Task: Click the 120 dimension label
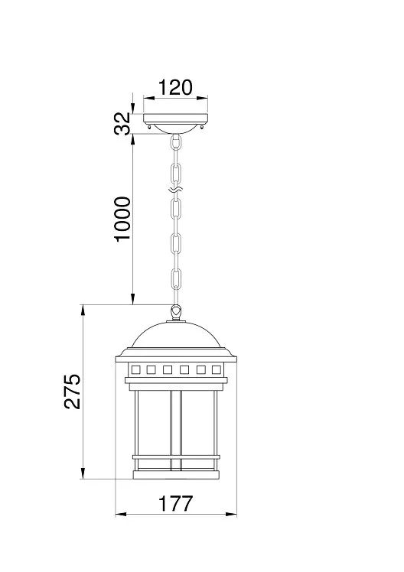coord(175,87)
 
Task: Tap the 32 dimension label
coord(122,123)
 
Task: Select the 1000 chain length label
coord(122,219)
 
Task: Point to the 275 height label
coord(72,391)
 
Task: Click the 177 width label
coord(175,504)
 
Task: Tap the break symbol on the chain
coord(176,190)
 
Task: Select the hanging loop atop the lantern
coord(176,313)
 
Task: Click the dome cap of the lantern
coord(176,334)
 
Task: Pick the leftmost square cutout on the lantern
coord(135,370)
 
